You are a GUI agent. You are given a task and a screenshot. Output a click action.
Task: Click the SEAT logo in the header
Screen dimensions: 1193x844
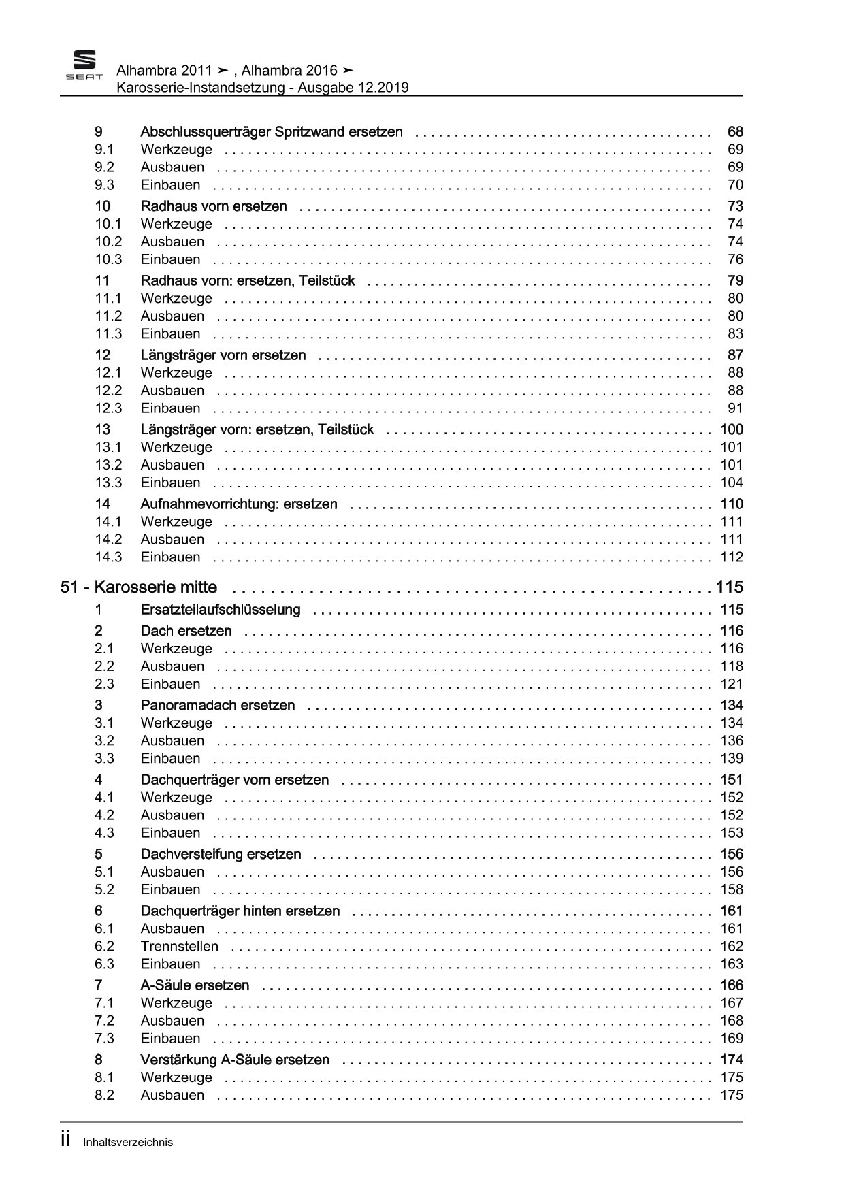84,66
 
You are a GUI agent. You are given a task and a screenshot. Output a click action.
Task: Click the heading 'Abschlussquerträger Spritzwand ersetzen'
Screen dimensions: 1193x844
271,131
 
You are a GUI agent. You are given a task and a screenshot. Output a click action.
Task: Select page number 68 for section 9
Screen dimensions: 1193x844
735,131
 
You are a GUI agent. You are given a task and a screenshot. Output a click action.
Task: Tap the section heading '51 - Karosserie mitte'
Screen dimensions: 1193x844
139,587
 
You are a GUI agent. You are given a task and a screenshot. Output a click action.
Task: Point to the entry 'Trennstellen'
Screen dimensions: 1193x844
180,946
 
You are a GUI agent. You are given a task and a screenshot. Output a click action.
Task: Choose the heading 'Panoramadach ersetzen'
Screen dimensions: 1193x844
218,705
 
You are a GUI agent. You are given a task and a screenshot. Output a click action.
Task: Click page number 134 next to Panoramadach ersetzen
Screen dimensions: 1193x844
732,705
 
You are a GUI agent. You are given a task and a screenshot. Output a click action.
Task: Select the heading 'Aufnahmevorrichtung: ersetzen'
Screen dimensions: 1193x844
239,504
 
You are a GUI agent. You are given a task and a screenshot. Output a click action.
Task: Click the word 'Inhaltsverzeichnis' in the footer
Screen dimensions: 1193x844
128,1143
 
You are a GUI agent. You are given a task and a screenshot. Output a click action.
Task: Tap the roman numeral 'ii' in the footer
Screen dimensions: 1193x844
65,1141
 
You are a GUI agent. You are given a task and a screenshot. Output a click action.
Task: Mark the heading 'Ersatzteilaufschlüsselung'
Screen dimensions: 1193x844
221,610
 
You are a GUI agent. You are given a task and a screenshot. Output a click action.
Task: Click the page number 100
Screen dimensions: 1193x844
732,429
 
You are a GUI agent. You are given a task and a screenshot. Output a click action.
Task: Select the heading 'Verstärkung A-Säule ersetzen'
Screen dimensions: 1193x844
235,1060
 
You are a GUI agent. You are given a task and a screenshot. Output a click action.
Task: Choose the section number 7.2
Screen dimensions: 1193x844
104,1021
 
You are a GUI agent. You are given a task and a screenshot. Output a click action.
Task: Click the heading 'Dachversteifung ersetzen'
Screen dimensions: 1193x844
221,854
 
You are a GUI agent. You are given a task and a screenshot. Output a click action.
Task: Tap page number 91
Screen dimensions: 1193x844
735,408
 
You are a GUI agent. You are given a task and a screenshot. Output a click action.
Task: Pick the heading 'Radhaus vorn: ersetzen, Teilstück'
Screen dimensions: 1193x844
248,280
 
